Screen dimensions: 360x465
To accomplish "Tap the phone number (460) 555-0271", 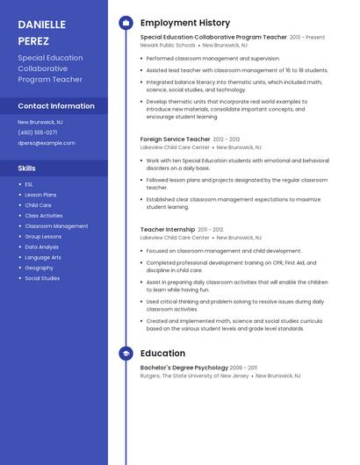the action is [38, 132].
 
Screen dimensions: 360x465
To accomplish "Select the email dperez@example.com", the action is [47, 143].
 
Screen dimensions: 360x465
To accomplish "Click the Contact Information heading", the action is [56, 106].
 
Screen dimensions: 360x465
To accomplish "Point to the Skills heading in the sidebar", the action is [27, 167].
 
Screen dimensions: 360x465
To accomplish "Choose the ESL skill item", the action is [29, 184].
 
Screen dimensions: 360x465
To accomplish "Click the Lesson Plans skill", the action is [40, 195].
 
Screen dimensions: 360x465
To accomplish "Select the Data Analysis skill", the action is [42, 247].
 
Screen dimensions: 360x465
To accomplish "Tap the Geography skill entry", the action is [39, 268].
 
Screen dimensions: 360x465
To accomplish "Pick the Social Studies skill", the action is [42, 278].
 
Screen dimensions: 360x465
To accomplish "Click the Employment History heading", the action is [185, 23].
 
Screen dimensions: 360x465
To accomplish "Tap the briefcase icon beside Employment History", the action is [126, 23].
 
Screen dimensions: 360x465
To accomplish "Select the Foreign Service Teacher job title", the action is [175, 139].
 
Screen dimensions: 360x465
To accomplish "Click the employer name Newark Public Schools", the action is [168, 45].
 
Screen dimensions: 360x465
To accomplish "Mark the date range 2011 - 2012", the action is [211, 230].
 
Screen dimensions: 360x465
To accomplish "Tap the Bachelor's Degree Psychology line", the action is [185, 368].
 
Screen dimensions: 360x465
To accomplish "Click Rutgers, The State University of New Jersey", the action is [194, 376].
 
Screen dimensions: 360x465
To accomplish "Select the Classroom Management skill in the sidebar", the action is [56, 226].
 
